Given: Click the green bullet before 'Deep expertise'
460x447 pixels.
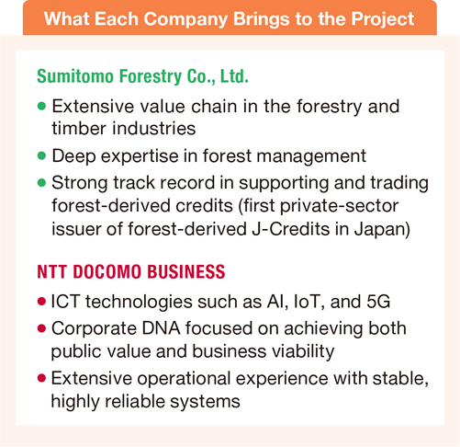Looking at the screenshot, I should coord(42,155).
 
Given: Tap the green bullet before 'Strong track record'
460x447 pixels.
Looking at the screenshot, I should coord(42,181).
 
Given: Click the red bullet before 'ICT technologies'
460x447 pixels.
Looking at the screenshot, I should coord(42,301).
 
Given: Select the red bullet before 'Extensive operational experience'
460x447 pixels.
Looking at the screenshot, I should coord(42,376).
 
